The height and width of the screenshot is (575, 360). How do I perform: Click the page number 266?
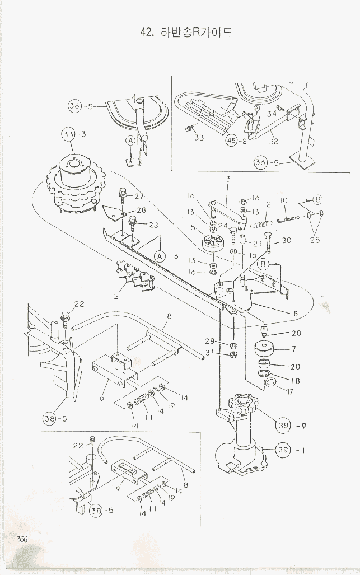point(22,539)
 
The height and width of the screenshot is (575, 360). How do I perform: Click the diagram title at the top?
point(187,32)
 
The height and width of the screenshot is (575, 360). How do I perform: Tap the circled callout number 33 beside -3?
point(68,134)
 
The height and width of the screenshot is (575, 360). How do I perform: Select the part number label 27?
point(139,197)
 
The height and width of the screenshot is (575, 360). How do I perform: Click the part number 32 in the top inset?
point(273,142)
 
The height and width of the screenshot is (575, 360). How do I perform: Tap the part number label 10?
point(283,200)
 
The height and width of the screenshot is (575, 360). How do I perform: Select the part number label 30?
point(287,241)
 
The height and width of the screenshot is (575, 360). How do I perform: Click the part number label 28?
point(296,334)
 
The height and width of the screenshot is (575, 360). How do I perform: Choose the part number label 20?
point(295,367)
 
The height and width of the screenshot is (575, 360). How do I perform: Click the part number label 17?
point(289,392)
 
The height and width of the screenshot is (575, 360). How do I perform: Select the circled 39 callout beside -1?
point(283,449)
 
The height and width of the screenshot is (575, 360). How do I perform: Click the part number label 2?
point(116,296)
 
